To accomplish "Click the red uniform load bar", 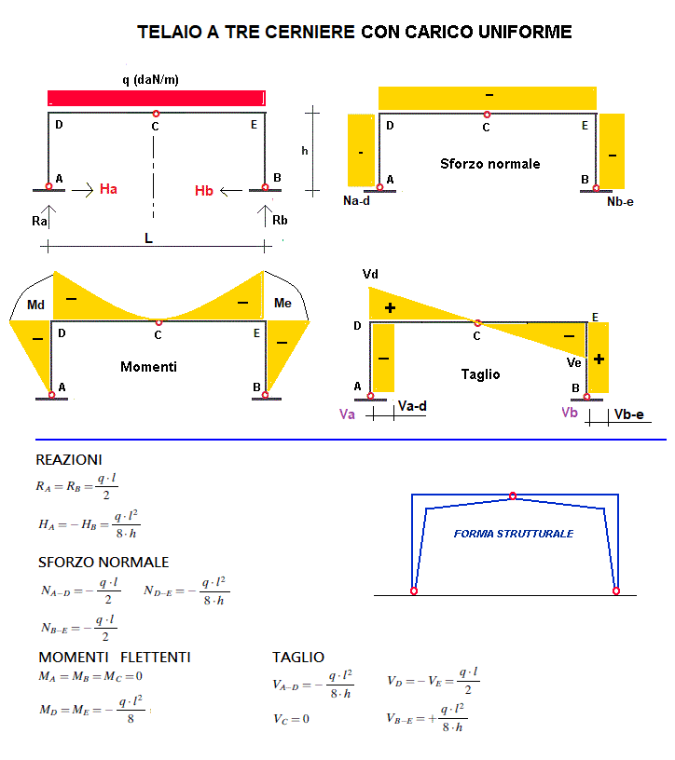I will click(156, 98).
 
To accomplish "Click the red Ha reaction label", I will click(108, 190).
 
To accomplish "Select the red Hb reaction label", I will click(204, 191).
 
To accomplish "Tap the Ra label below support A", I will click(39, 222).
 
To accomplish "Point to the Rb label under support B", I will click(280, 221).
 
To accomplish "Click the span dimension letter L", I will click(148, 238).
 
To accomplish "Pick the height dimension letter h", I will click(304, 150).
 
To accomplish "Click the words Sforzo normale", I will click(489, 164).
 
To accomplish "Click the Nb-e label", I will click(620, 201).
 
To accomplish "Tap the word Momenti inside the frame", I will click(148, 367).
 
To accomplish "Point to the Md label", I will click(35, 305).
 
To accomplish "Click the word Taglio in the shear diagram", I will click(480, 374).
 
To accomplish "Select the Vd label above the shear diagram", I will click(371, 275).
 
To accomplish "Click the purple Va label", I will click(347, 415).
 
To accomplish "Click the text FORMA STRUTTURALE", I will click(514, 534).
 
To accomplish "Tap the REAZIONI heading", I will click(69, 460).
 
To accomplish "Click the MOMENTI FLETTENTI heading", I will click(115, 658).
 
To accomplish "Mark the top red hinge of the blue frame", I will click(512, 495).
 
